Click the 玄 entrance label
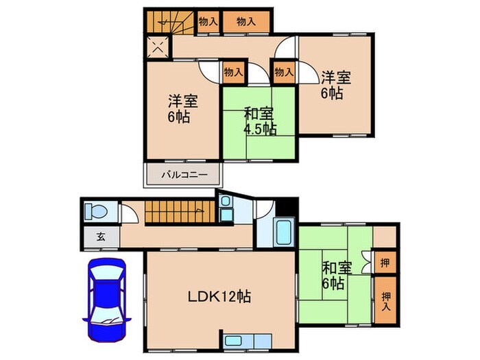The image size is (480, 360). coord(100,237)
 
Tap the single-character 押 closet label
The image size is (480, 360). coord(387,261)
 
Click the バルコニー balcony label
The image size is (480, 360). coord(181,175)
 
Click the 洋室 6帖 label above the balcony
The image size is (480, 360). coord(183,108)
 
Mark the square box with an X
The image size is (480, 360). coord(157,48)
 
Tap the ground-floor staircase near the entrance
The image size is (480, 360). coord(175,213)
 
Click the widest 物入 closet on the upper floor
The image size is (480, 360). coord(246,22)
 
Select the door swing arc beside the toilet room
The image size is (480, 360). coord(131,213)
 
